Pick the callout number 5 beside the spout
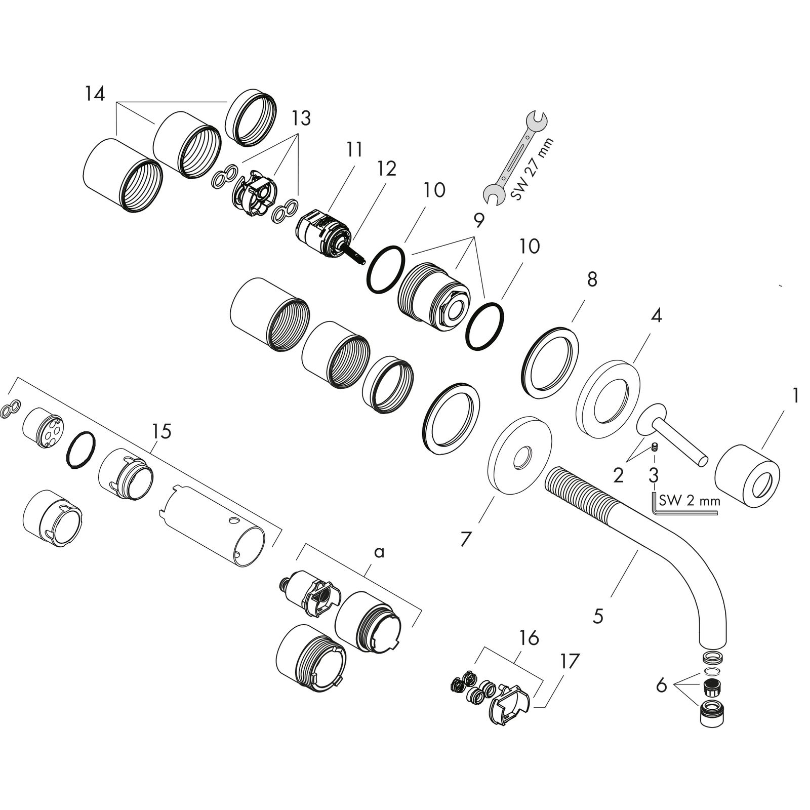[x=598, y=616]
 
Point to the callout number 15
[x=160, y=431]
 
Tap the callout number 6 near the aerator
[x=661, y=686]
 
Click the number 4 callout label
[x=656, y=316]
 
